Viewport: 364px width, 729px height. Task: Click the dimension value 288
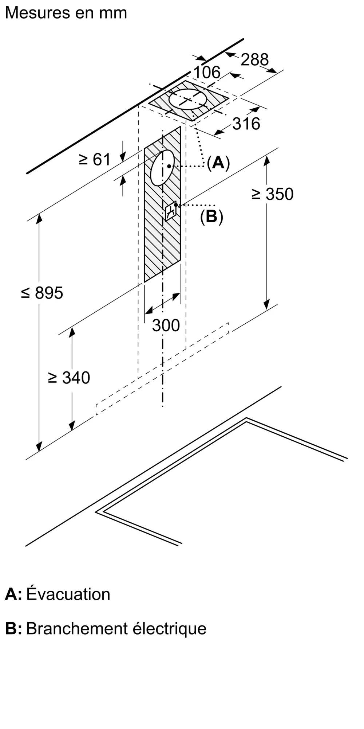click(x=254, y=59)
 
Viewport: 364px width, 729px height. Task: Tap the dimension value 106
click(x=207, y=73)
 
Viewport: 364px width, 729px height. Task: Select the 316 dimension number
click(x=246, y=124)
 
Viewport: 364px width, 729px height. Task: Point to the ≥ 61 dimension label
click(x=94, y=159)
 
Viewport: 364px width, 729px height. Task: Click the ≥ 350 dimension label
click(x=272, y=194)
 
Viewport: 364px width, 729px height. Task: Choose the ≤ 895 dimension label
click(x=42, y=293)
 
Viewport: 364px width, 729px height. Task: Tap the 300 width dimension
click(x=166, y=325)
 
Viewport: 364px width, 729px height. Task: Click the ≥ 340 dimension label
click(x=69, y=378)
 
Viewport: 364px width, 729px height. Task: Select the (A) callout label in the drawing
click(x=218, y=163)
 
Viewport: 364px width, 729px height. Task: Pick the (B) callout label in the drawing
click(x=211, y=217)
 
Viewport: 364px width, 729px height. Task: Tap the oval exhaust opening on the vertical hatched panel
click(x=162, y=168)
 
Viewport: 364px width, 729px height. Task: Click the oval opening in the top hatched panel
click(x=187, y=99)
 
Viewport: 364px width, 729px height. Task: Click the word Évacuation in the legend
click(x=68, y=594)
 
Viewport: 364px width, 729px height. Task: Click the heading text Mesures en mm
click(x=66, y=13)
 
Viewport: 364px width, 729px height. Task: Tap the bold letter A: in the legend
click(x=13, y=594)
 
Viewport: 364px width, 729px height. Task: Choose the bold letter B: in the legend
click(x=13, y=629)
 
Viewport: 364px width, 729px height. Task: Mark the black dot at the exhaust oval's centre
click(x=169, y=166)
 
